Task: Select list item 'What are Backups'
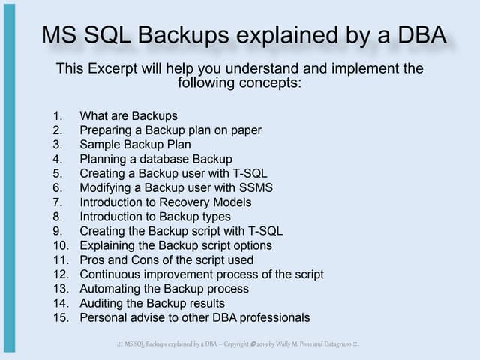pyautogui.click(x=128, y=116)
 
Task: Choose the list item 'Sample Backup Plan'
pyautogui.click(x=135, y=145)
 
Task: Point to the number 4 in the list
pyautogui.click(x=57, y=159)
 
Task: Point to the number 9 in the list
pyautogui.click(x=57, y=231)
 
